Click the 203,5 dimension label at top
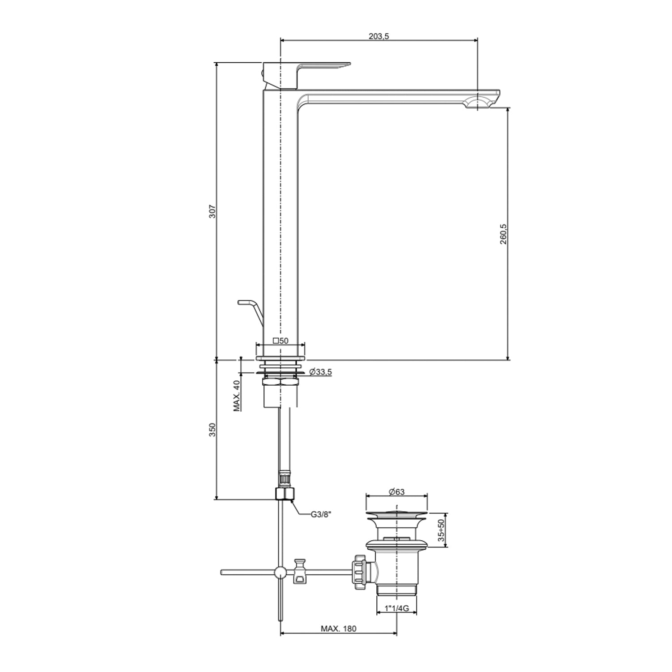pos(379,36)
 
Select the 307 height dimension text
pos(213,211)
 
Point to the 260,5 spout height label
pos(503,234)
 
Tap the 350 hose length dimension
pos(213,429)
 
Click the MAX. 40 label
pos(237,396)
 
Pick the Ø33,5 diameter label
pos(320,372)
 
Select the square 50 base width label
pos(280,341)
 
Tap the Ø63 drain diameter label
pos(396,491)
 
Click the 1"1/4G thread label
pos(397,608)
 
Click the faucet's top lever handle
pos(323,67)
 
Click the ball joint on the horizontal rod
pos(280,572)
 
